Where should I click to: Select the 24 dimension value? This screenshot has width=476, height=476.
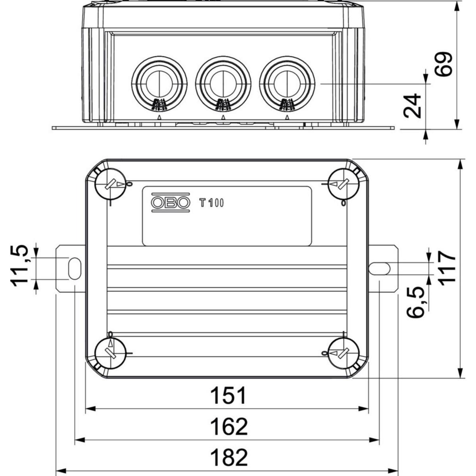tap(411, 106)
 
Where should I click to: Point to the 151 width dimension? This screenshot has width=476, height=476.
tap(228, 395)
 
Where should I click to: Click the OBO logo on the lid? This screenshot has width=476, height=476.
tap(170, 202)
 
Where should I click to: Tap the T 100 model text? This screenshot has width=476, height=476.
tap(211, 203)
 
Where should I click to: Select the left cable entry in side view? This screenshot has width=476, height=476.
tap(159, 84)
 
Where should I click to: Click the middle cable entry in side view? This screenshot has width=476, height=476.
tap(223, 84)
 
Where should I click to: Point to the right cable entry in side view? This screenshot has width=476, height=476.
tap(287, 84)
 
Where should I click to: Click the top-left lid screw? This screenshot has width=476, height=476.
tap(110, 184)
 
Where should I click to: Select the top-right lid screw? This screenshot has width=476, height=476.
tap(344, 184)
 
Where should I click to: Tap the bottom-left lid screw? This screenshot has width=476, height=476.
tap(110, 353)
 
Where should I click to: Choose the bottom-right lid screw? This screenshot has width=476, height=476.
tap(344, 353)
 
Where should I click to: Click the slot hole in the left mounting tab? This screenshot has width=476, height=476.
tap(73, 269)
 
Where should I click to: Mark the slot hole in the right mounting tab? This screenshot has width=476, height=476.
tap(380, 268)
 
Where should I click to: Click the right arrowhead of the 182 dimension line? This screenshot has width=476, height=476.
tap(395, 472)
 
